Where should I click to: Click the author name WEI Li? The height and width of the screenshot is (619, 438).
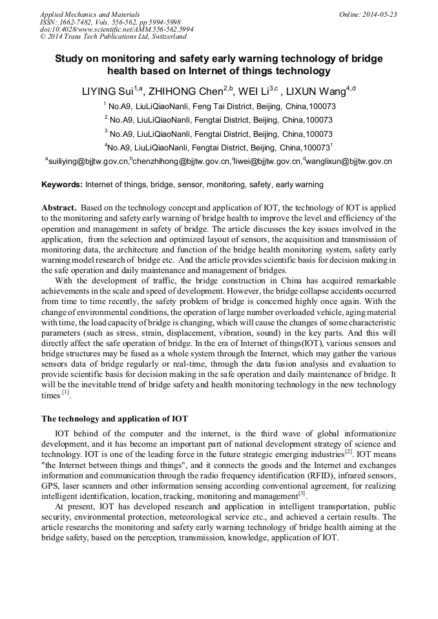256,91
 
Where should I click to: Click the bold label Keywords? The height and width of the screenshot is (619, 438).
62,185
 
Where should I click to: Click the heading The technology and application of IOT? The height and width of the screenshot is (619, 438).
114,418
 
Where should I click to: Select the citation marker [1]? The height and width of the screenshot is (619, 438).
65,392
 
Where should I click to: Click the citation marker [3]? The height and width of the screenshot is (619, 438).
302,494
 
